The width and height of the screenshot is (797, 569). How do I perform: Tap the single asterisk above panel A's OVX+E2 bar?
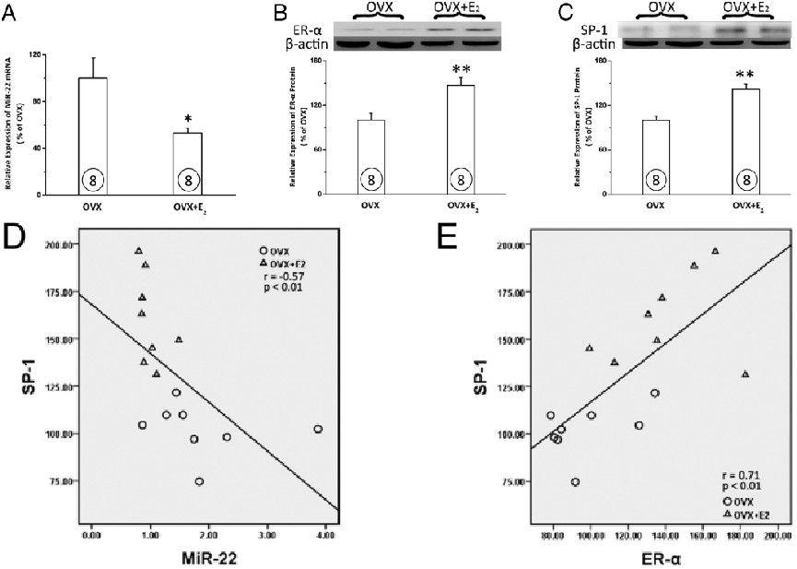tap(188, 119)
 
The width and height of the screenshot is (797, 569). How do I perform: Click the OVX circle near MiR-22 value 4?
tap(318, 429)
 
